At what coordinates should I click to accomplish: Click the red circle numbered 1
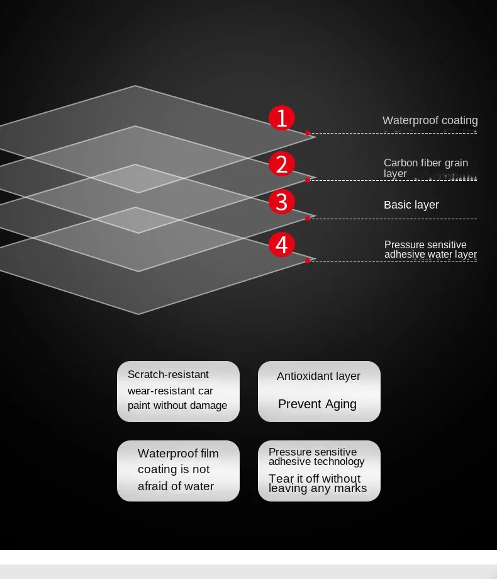click(x=282, y=118)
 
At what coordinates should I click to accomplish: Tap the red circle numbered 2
click(x=282, y=164)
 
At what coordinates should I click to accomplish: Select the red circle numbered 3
click(x=282, y=202)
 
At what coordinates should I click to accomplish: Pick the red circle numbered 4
click(x=282, y=244)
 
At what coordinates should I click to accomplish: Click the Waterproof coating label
click(x=430, y=120)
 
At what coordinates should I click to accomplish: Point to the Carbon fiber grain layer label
click(x=425, y=168)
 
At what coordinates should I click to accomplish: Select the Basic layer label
click(x=411, y=205)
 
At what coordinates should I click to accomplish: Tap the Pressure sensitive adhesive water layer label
click(x=430, y=249)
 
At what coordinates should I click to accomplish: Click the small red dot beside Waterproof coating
click(x=308, y=133)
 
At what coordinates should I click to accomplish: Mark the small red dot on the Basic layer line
click(x=308, y=219)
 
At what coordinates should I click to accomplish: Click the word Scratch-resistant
click(x=168, y=375)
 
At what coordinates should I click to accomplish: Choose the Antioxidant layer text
click(x=318, y=376)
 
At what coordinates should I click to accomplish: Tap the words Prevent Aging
click(x=317, y=404)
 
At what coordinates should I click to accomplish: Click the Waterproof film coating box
click(x=178, y=471)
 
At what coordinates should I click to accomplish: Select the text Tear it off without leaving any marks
click(x=317, y=483)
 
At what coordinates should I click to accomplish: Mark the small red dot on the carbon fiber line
click(x=308, y=180)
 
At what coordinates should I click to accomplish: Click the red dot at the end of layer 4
click(x=308, y=261)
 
